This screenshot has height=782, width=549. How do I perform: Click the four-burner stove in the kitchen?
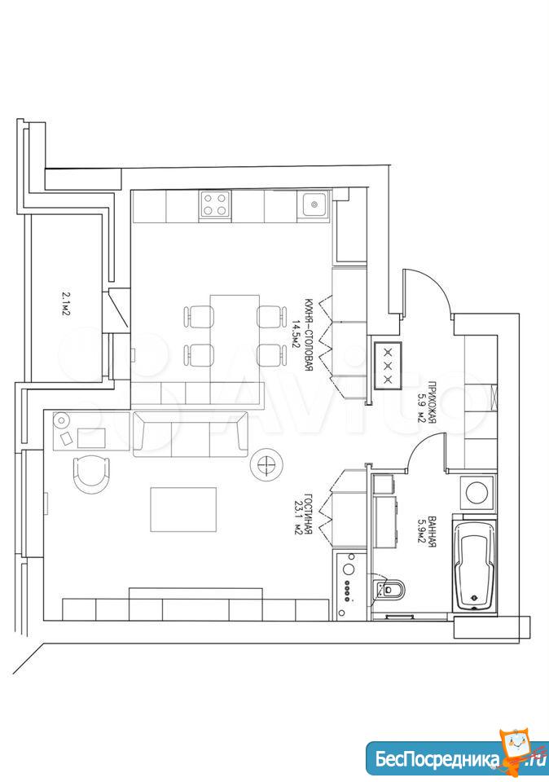(x=215, y=204)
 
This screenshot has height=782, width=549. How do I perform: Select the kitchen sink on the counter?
(x=314, y=204)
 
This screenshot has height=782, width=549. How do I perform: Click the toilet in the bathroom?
(x=390, y=589)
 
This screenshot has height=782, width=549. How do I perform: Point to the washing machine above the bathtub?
(x=477, y=492)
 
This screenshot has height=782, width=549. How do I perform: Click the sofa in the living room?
(x=190, y=434)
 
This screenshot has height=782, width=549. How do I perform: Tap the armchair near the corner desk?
(x=91, y=475)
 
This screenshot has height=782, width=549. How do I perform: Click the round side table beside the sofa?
(x=267, y=463)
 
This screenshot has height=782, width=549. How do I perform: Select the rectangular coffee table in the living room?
(x=183, y=510)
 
